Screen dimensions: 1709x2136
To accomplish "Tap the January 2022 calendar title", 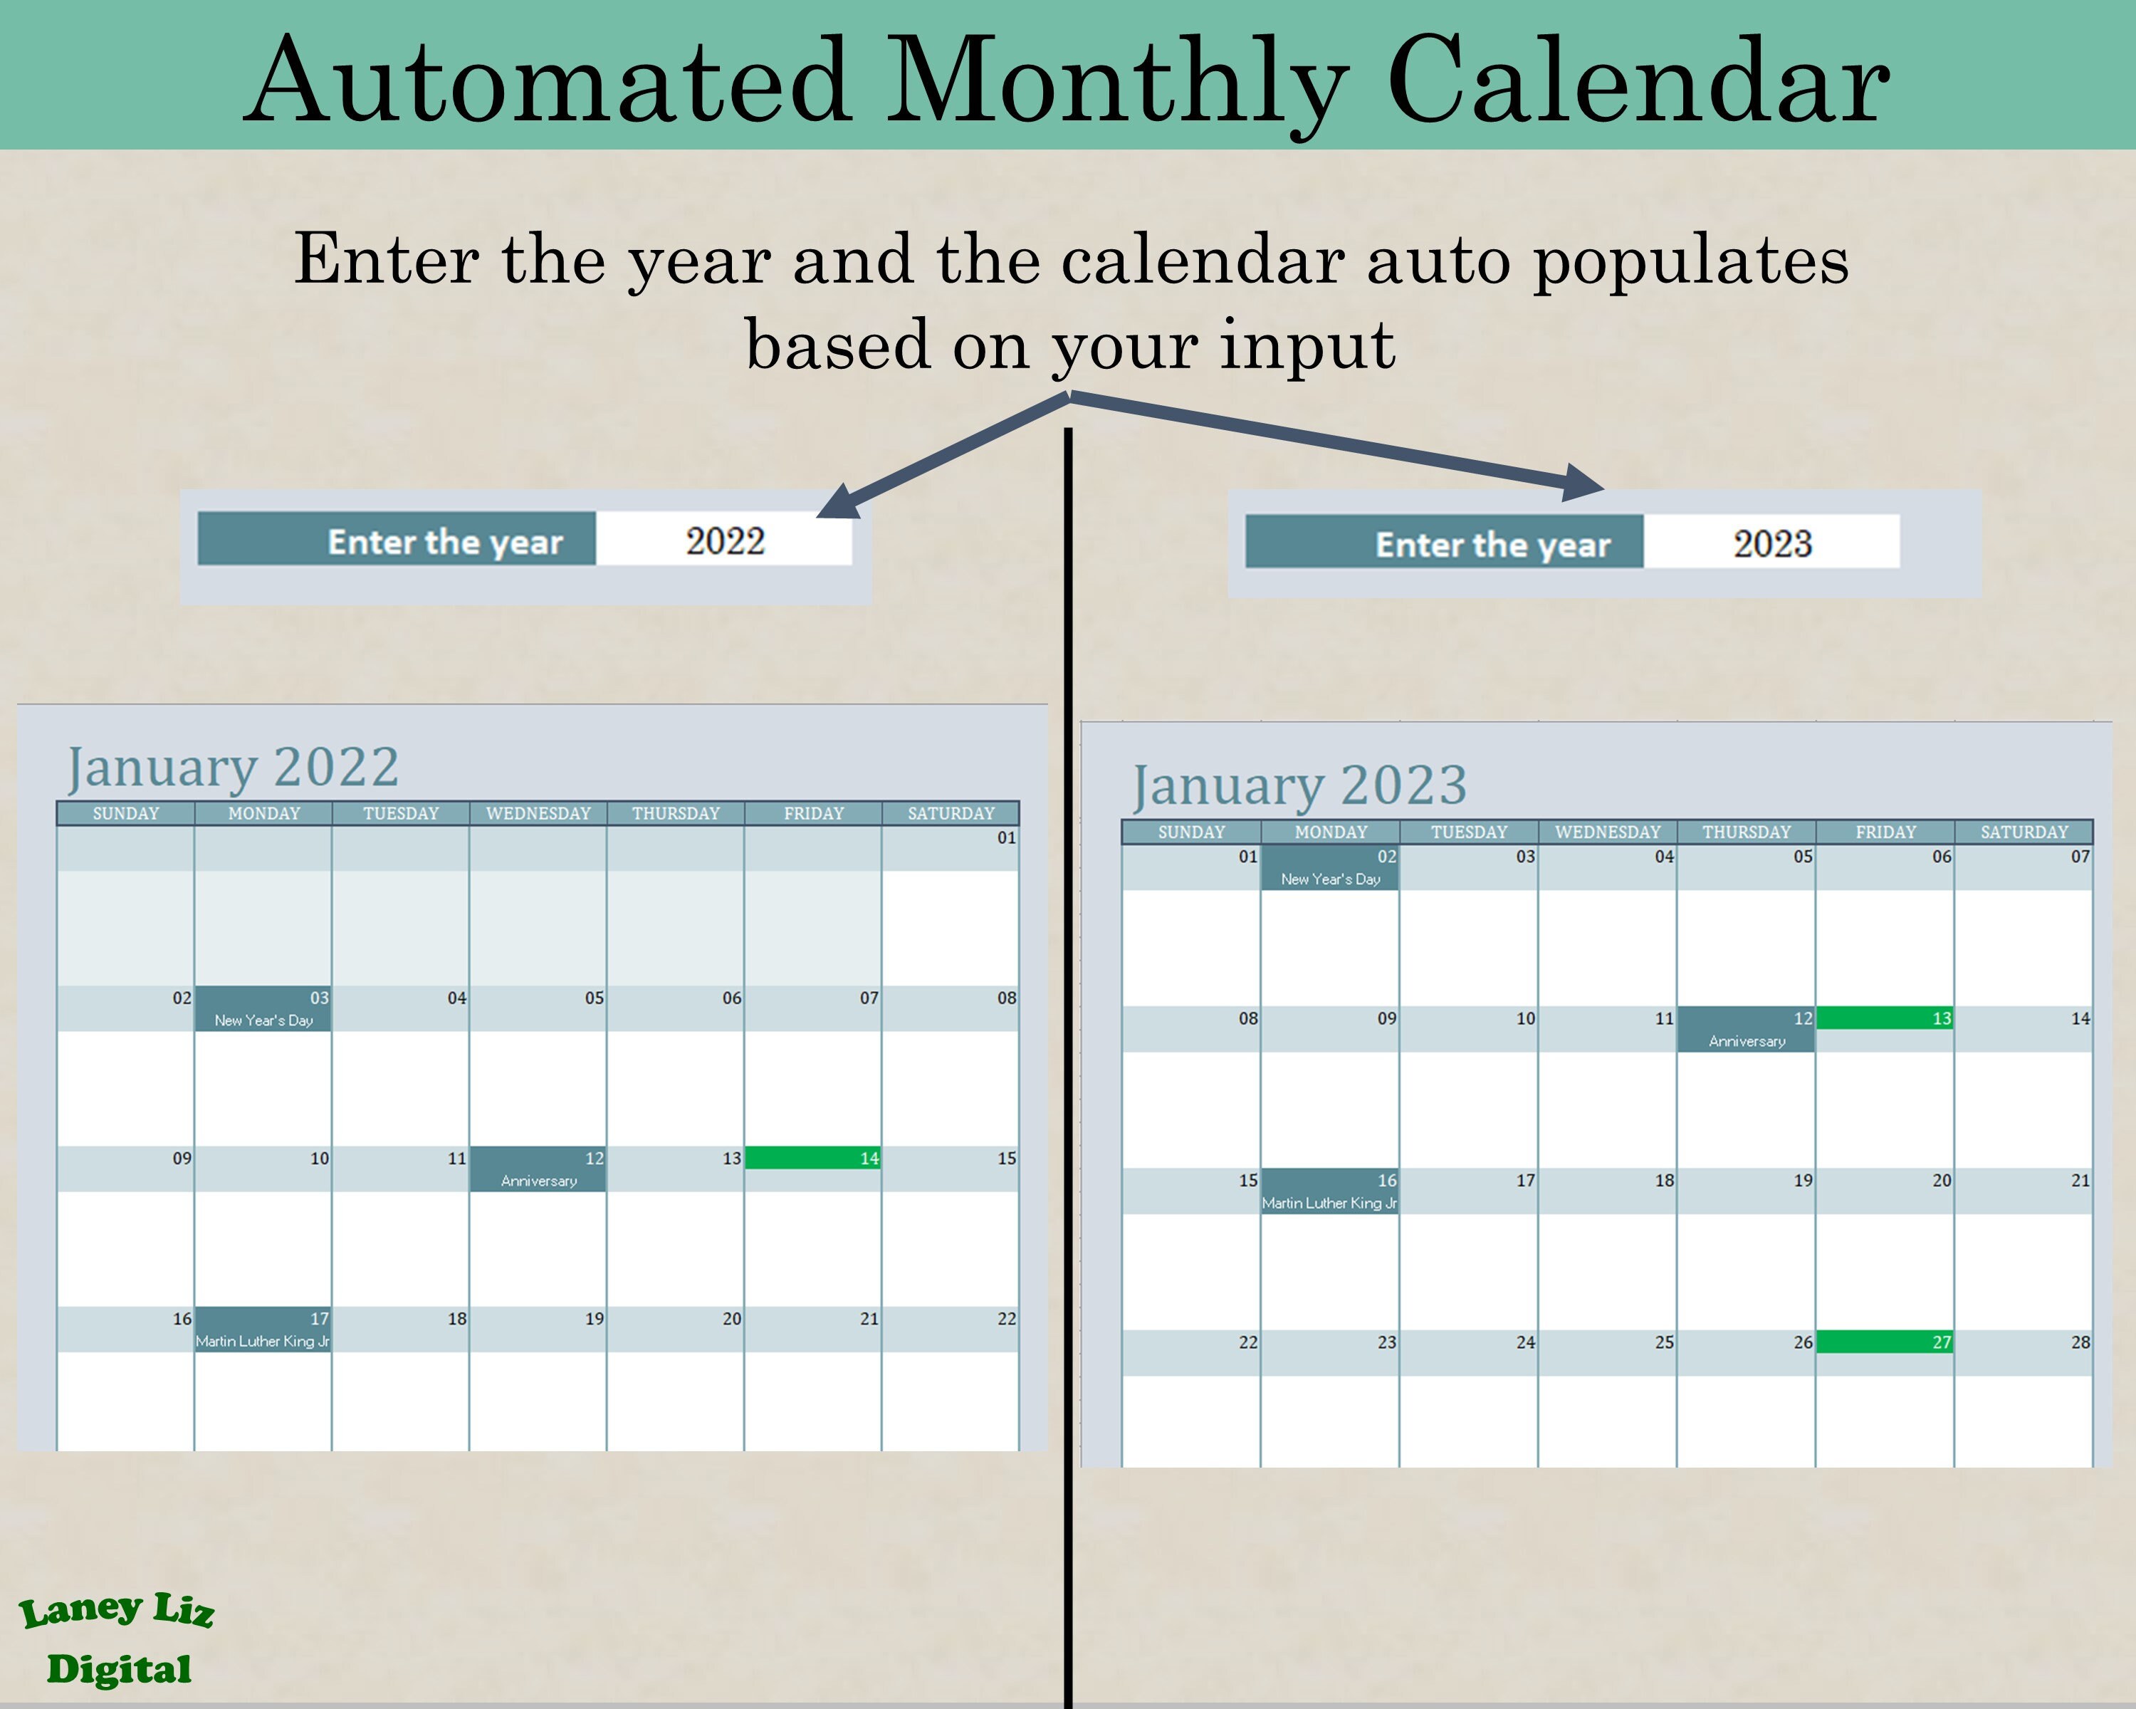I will (233, 767).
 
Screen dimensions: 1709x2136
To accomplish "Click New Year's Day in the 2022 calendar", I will (263, 1020).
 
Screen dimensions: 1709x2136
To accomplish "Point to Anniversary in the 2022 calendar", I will (538, 1180).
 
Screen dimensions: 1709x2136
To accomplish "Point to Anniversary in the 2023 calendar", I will (1747, 1040).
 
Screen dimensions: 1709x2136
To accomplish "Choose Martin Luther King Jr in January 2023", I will (1329, 1203).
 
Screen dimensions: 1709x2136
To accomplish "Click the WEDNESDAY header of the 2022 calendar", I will (538, 813).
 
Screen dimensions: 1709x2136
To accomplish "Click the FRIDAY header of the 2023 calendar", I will (1885, 832).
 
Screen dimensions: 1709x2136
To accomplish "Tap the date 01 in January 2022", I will (1005, 838).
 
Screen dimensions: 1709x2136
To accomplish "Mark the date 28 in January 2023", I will (2080, 1342).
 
